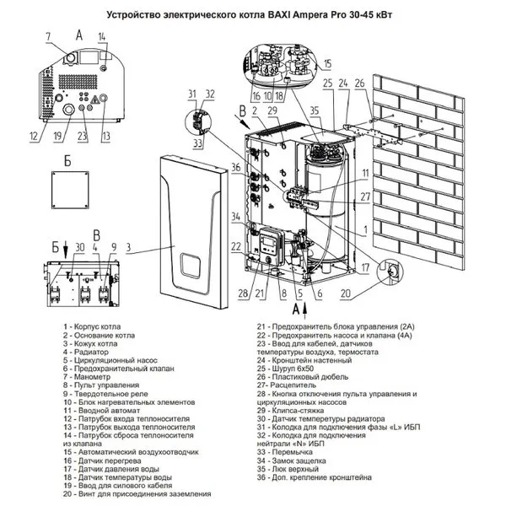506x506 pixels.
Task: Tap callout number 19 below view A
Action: pos(57,136)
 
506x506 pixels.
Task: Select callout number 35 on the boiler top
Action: pos(315,110)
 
